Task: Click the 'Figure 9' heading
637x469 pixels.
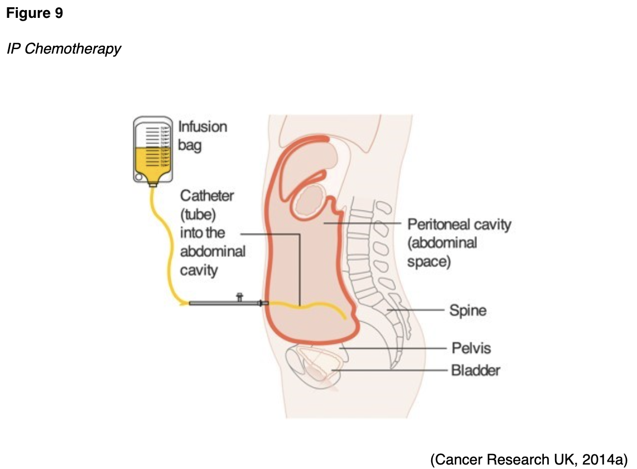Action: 35,14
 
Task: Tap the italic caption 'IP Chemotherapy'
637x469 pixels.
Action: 64,49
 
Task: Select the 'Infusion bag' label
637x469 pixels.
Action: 202,136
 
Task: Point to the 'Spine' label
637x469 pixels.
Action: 467,310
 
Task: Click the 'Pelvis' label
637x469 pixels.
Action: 471,348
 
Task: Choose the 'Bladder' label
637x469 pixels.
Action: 476,370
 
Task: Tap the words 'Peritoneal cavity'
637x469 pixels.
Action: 459,225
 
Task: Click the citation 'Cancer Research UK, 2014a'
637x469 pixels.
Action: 529,459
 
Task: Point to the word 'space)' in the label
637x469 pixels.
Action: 428,261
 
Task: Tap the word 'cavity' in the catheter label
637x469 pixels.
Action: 199,270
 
